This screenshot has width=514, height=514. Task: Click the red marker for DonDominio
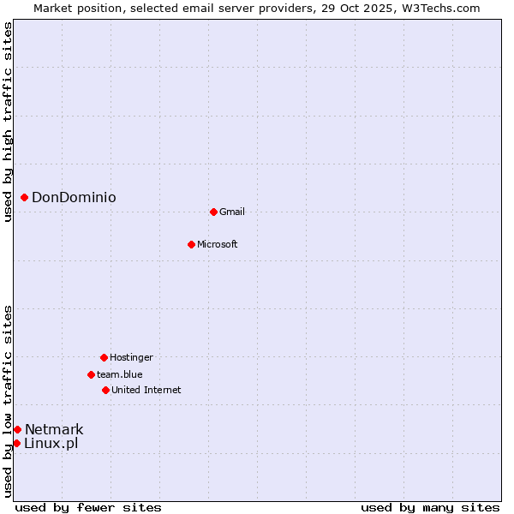click(24, 198)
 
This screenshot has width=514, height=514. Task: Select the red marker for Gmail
click(213, 212)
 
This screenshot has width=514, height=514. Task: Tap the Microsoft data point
click(191, 244)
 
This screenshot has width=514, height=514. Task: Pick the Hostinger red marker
click(104, 357)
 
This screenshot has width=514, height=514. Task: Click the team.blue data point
click(91, 374)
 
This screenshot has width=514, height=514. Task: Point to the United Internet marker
click(105, 390)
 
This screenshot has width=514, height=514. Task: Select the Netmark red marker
click(17, 429)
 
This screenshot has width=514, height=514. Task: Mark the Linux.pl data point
click(16, 443)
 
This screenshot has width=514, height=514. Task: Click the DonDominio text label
click(74, 198)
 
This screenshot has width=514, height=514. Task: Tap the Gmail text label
click(232, 212)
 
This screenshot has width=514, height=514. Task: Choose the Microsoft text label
click(218, 244)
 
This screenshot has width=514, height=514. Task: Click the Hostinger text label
click(131, 357)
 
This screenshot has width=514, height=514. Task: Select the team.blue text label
click(120, 374)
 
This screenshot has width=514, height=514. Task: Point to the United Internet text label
click(146, 390)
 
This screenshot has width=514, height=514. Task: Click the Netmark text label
click(54, 429)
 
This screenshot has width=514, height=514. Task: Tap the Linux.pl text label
click(51, 443)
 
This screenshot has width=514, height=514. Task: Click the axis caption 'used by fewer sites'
click(88, 507)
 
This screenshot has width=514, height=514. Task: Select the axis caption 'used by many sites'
click(430, 507)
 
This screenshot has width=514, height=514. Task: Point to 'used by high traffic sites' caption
click(8, 123)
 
